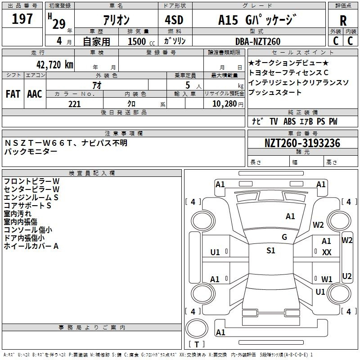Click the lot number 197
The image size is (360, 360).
pyautogui.click(x=22, y=18)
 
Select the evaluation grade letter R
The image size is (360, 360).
pyautogui.click(x=343, y=21)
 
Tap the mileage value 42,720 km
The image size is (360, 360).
pyautogui.click(x=54, y=65)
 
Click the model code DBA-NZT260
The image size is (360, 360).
pyautogui.click(x=258, y=41)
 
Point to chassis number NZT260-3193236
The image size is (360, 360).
pyautogui.click(x=302, y=143)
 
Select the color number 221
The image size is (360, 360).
pyautogui.click(x=75, y=104)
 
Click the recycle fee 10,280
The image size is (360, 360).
pyautogui.click(x=225, y=104)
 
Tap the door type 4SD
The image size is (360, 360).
pyautogui.click(x=174, y=20)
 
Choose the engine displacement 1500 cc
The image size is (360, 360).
pyautogui.click(x=141, y=41)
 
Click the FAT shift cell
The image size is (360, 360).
pyautogui.click(x=13, y=94)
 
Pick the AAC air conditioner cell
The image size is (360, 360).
pyautogui.click(x=35, y=94)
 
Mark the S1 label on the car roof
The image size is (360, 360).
pyautogui.click(x=271, y=251)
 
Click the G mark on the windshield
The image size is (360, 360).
pyautogui.click(x=284, y=237)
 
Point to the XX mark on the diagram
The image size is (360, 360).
pyautogui.click(x=327, y=252)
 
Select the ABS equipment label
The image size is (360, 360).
pyautogui.click(x=289, y=121)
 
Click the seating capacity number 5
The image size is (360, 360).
pyautogui.click(x=188, y=85)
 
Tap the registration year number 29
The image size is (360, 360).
pyautogui.click(x=59, y=24)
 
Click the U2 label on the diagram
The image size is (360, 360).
pyautogui.click(x=346, y=276)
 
